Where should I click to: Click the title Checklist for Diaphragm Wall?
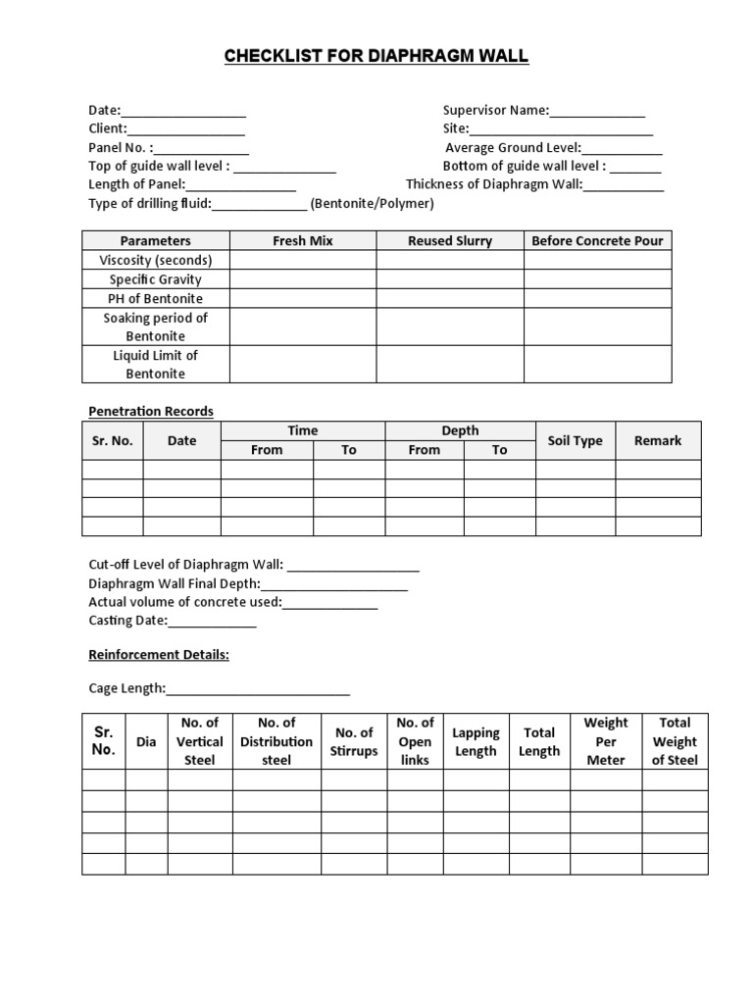coord(376,56)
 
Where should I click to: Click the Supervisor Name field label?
coord(495,111)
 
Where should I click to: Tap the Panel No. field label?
coord(121,147)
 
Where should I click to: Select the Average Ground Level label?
coord(513,147)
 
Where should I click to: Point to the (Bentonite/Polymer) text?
coord(372,204)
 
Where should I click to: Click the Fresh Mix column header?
coord(302,240)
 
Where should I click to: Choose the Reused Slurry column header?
coord(450,240)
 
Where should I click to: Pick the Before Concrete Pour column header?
coord(597,240)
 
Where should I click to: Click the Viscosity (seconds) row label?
coord(155,260)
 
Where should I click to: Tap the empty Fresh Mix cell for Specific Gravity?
coord(302,279)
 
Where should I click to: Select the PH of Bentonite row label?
coord(155,298)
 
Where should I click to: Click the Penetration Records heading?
coord(151,411)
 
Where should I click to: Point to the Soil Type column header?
coord(575,440)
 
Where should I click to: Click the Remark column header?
coord(658,440)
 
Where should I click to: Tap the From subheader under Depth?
coord(424,450)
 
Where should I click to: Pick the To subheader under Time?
coord(348,450)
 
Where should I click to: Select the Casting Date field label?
coord(127,621)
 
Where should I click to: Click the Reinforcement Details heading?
coord(159,654)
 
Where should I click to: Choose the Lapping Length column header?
coord(476,741)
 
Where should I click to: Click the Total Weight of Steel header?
coord(675,741)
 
